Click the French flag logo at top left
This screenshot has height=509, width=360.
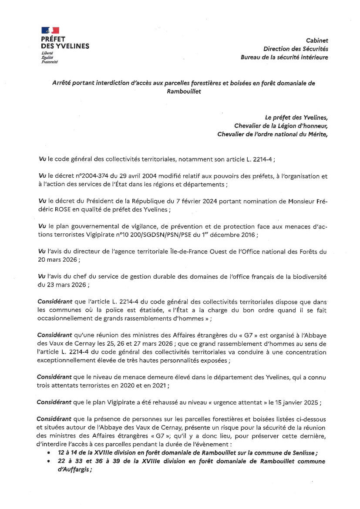(50, 30)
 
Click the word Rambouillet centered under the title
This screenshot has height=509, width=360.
(184, 91)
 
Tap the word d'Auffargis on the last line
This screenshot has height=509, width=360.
(74, 469)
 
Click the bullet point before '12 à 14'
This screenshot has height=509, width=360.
(48, 453)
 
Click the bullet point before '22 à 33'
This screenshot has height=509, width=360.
(48, 461)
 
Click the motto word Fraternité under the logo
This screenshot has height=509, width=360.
(49, 62)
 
